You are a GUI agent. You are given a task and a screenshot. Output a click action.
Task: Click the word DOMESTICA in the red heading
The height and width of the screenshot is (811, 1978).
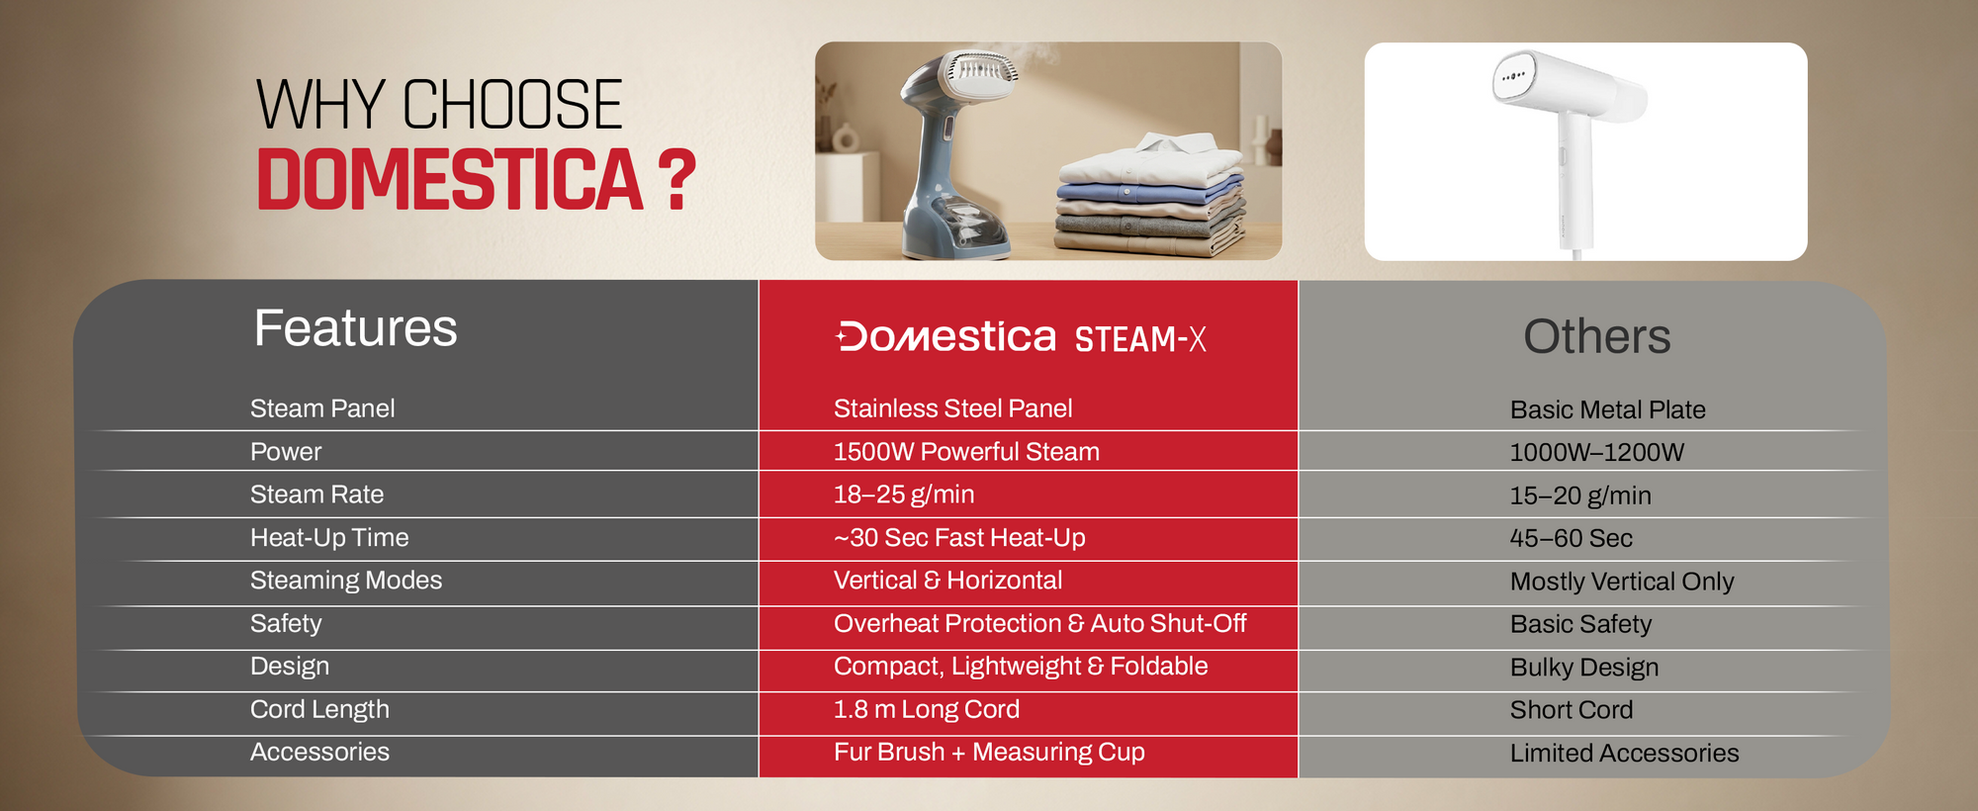pos(450,180)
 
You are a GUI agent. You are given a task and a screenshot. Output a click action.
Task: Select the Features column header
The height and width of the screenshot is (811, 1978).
pos(356,328)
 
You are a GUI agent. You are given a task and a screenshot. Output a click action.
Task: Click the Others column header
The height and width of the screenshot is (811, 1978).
pos(1596,336)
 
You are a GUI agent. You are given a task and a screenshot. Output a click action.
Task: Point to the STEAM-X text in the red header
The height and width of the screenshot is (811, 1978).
pos(1140,339)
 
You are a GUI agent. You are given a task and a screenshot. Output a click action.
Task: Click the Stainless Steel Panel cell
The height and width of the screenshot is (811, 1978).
pos(952,408)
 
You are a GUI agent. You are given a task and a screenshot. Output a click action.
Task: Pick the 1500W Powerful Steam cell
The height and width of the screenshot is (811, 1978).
pos(966,452)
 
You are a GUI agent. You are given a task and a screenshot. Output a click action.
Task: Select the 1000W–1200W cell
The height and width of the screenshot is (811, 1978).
pos(1596,453)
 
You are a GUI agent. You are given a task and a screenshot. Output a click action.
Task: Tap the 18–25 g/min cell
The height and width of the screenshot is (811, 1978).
pos(904,495)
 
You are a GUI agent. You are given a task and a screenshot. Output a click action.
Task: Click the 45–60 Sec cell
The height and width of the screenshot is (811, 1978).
pos(1571,539)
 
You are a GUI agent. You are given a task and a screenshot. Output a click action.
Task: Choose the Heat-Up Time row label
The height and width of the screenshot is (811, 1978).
pos(329,538)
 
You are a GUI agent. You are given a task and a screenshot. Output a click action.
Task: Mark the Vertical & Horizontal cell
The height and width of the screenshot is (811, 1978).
pos(947,581)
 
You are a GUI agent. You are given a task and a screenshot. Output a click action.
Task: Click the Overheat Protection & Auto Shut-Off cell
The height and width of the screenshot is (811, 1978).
pos(1039,624)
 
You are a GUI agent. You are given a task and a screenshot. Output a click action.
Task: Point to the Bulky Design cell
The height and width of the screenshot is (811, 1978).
pos(1584,668)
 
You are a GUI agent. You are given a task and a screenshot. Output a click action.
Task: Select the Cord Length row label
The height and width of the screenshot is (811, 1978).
pos(319,710)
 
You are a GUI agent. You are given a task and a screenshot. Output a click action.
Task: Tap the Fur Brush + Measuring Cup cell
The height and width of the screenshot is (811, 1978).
pos(989,753)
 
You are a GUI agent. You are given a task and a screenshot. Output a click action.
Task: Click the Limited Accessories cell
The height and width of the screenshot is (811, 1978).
pos(1624,754)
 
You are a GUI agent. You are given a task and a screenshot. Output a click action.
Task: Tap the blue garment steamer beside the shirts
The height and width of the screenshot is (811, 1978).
pos(954,153)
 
